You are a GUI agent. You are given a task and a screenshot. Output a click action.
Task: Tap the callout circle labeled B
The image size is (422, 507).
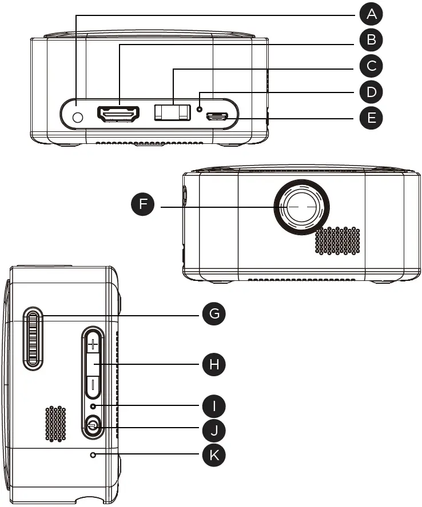tap(371, 41)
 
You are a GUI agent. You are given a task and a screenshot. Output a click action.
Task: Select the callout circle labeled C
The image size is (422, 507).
tap(371, 66)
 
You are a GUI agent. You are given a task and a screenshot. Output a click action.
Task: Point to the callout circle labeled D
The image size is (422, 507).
tap(371, 92)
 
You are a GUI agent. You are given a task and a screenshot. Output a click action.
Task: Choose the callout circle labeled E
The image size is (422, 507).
tap(371, 118)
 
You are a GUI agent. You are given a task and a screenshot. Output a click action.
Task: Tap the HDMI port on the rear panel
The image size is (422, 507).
tap(119, 115)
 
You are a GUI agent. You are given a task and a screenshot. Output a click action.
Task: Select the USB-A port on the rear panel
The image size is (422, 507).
tap(172, 112)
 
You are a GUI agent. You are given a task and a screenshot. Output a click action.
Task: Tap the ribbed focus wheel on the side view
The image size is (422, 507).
tap(34, 338)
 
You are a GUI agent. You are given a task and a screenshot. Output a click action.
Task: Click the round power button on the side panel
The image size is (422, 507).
tap(92, 425)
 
